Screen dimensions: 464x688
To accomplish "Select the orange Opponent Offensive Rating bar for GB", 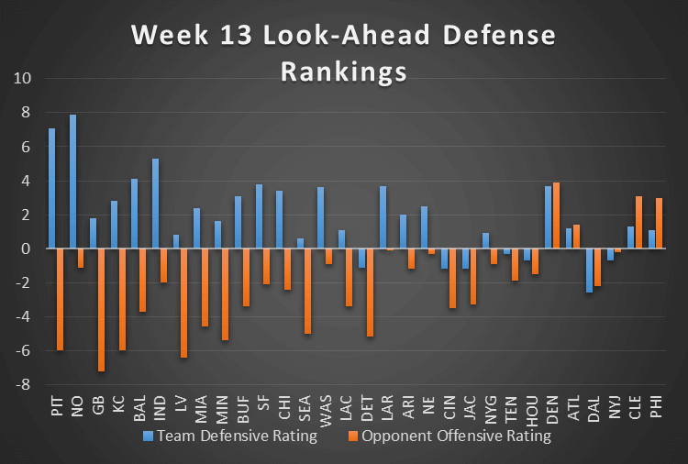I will pos(102,310).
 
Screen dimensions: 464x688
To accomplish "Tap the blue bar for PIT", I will pos(52,188).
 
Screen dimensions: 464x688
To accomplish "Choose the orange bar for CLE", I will pos(638,223).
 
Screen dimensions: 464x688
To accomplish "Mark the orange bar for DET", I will pos(370,293).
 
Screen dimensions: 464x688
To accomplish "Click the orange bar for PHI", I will pos(659,224).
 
